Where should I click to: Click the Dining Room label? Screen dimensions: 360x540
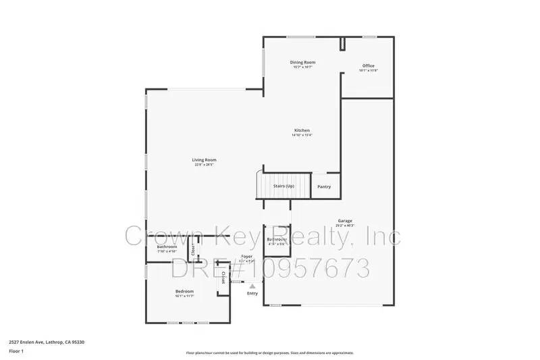pos(303,62)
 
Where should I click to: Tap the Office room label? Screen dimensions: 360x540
pos(368,66)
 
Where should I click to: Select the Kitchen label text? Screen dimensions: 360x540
pos(302,130)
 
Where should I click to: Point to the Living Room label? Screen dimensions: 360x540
pos(204,159)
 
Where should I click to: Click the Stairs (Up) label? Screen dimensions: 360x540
pos(283,186)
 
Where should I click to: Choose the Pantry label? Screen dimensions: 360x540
pos(324,186)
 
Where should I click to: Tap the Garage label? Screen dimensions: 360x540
pos(345,220)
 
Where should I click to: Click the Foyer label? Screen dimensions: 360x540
pos(247,257)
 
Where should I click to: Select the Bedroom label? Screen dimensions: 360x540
pos(185,291)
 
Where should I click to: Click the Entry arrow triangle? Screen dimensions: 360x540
pos(252,286)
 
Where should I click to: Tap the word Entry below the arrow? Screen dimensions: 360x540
pos(252,293)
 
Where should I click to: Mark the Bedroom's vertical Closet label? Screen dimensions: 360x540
pos(223,278)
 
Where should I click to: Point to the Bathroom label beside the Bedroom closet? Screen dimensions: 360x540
pos(167,247)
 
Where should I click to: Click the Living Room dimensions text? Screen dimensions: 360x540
pos(204,164)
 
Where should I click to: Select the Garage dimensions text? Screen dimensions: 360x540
pos(345,225)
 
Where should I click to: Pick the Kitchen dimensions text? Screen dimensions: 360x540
pos(302,135)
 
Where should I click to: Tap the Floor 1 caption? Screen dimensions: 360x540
pos(16,351)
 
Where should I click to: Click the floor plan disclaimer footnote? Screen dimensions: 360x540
pos(270,353)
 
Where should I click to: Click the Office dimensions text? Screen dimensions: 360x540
pos(368,70)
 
